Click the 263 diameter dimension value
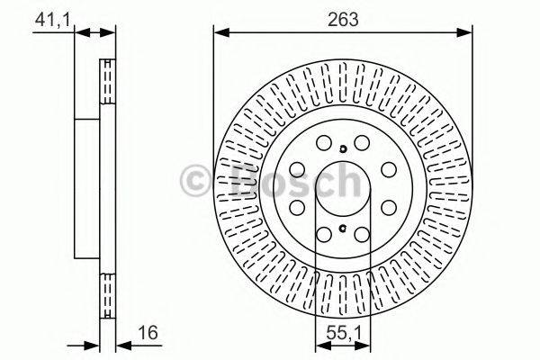343,18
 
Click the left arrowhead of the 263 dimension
218,32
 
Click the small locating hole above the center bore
343,148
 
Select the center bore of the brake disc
343,189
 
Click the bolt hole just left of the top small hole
324,142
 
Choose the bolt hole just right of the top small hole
362,142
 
